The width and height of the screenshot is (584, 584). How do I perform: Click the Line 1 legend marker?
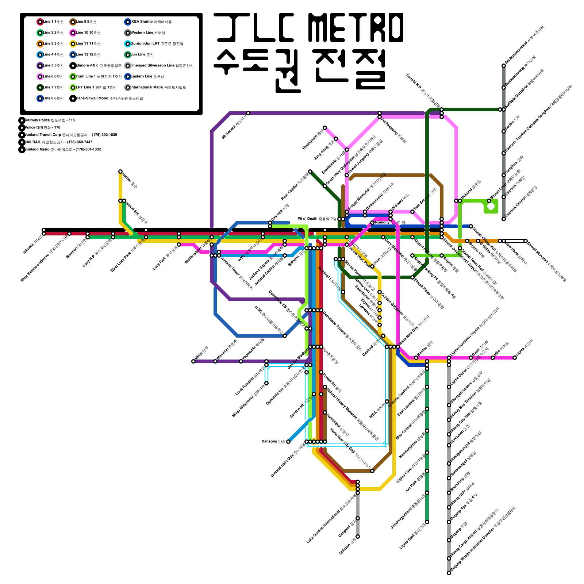click(x=40, y=22)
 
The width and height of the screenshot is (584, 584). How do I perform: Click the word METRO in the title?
click(x=356, y=27)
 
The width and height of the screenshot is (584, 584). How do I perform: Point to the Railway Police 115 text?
click(x=50, y=120)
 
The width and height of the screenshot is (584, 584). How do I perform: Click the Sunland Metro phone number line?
click(x=62, y=149)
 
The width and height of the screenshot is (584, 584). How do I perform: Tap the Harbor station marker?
click(x=120, y=172)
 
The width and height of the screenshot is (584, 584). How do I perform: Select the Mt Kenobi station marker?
click(x=248, y=113)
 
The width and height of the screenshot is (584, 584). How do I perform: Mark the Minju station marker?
click(x=193, y=361)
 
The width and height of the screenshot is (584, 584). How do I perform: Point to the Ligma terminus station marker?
click(x=515, y=358)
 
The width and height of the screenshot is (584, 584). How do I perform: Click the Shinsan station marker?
click(x=358, y=537)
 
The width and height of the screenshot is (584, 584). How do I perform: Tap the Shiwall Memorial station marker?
click(x=526, y=241)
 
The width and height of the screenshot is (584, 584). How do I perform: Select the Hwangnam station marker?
click(x=325, y=128)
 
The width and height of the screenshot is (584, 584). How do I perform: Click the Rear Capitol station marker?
click(x=310, y=172)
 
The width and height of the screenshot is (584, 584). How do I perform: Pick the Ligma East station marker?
click(x=427, y=522)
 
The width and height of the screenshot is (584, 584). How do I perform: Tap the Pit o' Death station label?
click(x=316, y=219)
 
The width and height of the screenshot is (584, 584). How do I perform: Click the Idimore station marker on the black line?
click(x=44, y=230)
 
